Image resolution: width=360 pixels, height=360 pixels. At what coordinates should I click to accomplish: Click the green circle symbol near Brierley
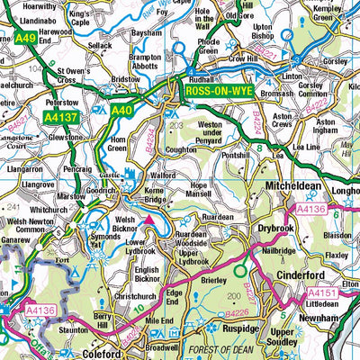(240, 268)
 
